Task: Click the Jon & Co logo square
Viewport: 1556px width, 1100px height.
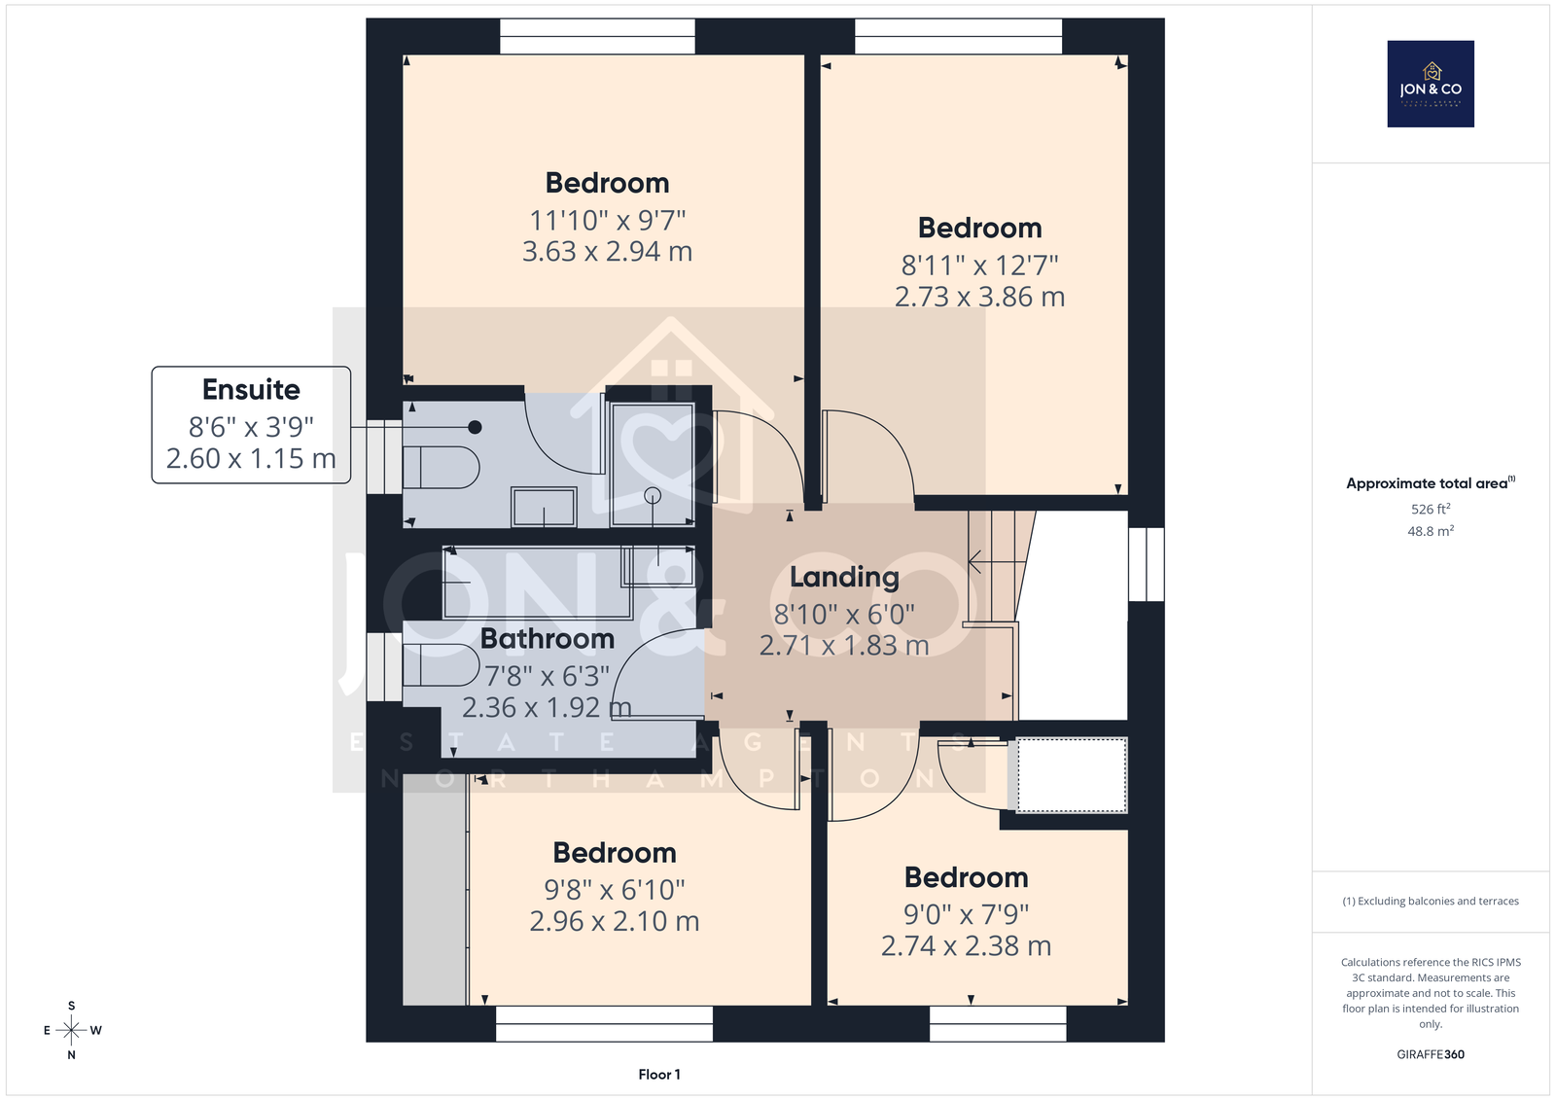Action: click(x=1431, y=84)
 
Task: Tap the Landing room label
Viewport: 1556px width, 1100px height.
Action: click(x=844, y=577)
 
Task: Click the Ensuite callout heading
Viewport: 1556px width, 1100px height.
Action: click(x=251, y=389)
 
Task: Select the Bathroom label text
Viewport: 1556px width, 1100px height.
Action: click(x=548, y=639)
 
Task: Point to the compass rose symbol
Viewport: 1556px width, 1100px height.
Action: click(x=72, y=1030)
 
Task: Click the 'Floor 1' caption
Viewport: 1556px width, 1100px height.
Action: click(x=659, y=1075)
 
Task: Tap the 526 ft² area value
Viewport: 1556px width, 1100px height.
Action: click(x=1431, y=509)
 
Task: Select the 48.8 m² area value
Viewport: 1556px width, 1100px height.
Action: click(x=1431, y=531)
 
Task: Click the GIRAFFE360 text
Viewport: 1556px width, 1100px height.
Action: click(x=1431, y=1054)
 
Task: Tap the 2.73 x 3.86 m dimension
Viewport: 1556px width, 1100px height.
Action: click(x=979, y=297)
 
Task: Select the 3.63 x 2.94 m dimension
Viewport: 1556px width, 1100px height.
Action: click(x=607, y=251)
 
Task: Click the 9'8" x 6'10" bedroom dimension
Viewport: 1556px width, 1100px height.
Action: click(x=614, y=889)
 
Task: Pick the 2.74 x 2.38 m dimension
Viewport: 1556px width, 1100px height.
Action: click(x=966, y=945)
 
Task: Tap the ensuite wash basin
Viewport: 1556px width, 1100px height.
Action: click(x=544, y=507)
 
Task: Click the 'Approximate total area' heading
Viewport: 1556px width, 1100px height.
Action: click(x=1431, y=483)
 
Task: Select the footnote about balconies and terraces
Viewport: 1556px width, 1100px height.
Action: click(x=1431, y=902)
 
